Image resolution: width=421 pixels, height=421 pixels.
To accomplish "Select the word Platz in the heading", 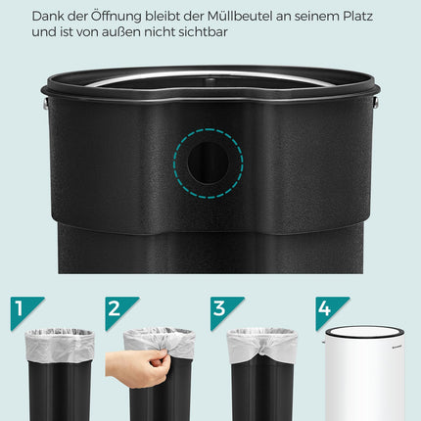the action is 357,17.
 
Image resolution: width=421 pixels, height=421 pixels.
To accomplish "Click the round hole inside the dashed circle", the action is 209,163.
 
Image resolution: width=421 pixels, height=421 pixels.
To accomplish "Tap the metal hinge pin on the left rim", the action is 45,103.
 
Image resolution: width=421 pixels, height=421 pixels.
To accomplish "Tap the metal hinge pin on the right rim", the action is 376,103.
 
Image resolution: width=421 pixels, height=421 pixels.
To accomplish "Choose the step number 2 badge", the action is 117,308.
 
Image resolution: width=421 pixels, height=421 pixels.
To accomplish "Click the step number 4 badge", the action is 327,308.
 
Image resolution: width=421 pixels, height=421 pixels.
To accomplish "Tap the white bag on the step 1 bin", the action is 60,346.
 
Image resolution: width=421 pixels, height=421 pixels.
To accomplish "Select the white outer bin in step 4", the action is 364,374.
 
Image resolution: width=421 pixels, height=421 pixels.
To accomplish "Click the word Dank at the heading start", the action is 44,17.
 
